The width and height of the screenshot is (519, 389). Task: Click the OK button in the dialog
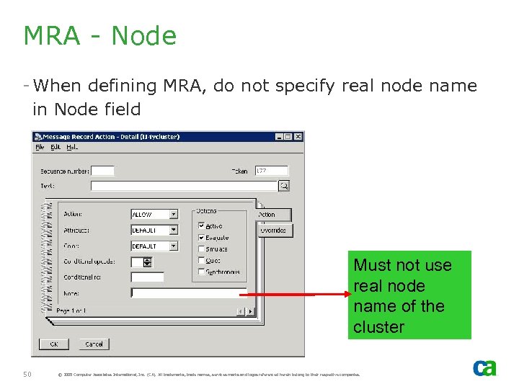53,344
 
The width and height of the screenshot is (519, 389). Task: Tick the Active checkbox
202,226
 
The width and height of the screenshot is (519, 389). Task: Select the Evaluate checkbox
202,238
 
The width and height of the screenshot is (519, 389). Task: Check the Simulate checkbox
202,249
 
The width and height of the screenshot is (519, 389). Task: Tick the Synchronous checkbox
202,272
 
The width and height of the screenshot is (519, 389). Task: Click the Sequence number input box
102,171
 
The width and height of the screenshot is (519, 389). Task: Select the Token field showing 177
272,171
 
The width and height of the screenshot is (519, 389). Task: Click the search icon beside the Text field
284,186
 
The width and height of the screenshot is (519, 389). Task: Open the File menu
40,147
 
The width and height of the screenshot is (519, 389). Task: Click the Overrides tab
274,231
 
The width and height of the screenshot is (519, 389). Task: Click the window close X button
298,137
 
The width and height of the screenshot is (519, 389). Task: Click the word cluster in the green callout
379,327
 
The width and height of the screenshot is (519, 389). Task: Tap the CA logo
484,367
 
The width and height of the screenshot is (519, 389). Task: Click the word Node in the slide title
144,36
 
